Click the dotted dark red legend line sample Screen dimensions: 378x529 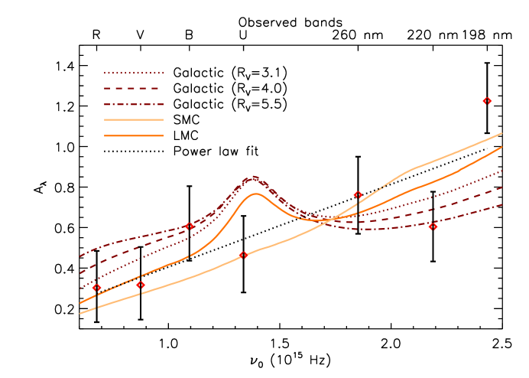click(134, 73)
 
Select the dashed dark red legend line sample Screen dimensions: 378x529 click(134, 89)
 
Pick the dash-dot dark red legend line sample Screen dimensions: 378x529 click(134, 104)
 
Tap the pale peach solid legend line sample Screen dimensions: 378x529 click(134, 119)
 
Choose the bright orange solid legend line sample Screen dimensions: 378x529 click(134, 135)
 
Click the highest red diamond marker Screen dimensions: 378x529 click(487, 101)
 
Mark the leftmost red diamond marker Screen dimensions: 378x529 click(96, 288)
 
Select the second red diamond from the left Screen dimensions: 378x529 click(141, 285)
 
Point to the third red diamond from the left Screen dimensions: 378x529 click(190, 226)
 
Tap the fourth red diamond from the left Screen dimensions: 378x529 click(243, 255)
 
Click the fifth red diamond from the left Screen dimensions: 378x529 click(358, 195)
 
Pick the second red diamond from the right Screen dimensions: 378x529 click(433, 226)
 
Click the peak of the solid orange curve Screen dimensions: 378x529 click(255, 193)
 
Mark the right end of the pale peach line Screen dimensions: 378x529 click(502, 133)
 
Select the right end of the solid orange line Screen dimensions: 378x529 click(502, 147)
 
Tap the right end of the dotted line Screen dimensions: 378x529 click(502, 171)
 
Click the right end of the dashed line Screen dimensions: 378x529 click(502, 187)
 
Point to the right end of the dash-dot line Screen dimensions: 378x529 click(502, 204)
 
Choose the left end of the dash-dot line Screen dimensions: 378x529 click(80, 256)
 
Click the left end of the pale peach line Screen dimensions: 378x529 click(80, 313)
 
